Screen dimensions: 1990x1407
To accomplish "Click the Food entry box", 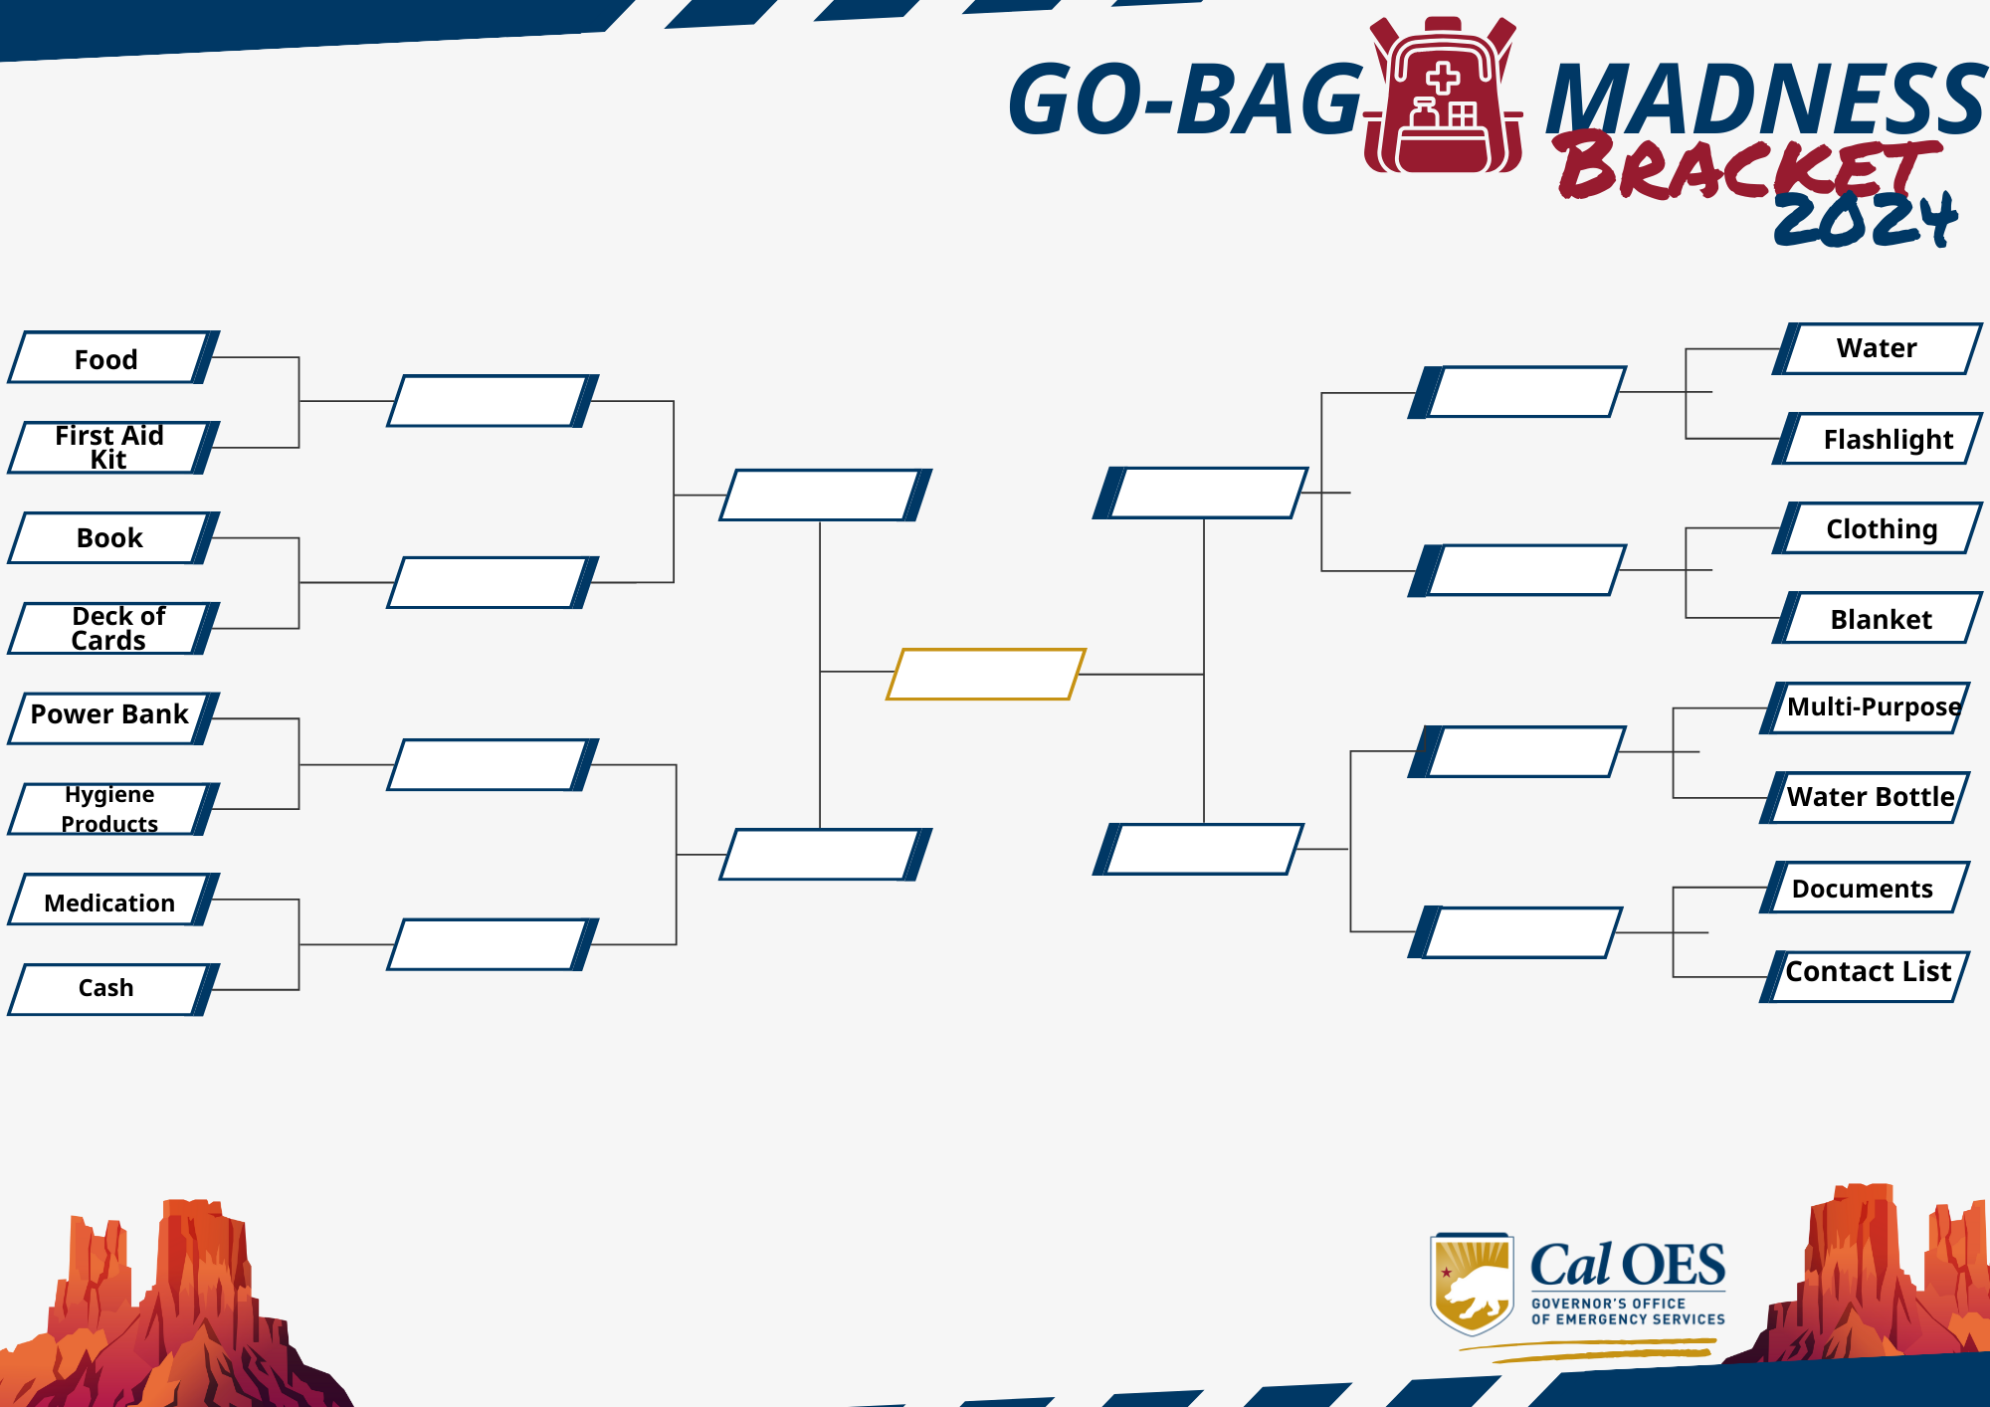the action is (x=113, y=357).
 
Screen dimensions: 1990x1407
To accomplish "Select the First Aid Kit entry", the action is (x=113, y=447).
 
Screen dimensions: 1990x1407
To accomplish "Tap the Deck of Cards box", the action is (x=113, y=628).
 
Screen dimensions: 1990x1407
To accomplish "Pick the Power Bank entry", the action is (x=113, y=718).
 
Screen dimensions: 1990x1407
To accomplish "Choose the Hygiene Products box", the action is (x=113, y=808).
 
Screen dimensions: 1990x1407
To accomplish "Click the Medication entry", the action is (x=113, y=900).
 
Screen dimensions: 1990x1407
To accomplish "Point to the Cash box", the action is (x=113, y=989).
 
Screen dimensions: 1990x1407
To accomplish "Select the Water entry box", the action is (x=1878, y=348).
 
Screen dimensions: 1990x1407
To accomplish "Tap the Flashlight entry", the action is (x=1878, y=439).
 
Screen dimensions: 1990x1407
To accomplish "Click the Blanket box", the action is (x=1878, y=618).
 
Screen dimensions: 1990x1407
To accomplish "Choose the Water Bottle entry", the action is (x=1866, y=798).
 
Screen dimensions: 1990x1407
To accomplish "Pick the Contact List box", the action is (x=1866, y=976).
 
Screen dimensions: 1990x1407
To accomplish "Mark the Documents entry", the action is (x=1866, y=888).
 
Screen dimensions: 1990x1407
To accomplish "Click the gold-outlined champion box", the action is (x=985, y=674).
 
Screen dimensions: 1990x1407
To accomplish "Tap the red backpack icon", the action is (x=1443, y=96).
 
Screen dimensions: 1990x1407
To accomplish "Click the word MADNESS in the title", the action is (x=1767, y=99).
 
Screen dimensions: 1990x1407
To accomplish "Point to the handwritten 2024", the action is (x=1866, y=218).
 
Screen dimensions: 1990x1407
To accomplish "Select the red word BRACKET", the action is (x=1747, y=164).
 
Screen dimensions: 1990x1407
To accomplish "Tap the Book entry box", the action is (x=113, y=538).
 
